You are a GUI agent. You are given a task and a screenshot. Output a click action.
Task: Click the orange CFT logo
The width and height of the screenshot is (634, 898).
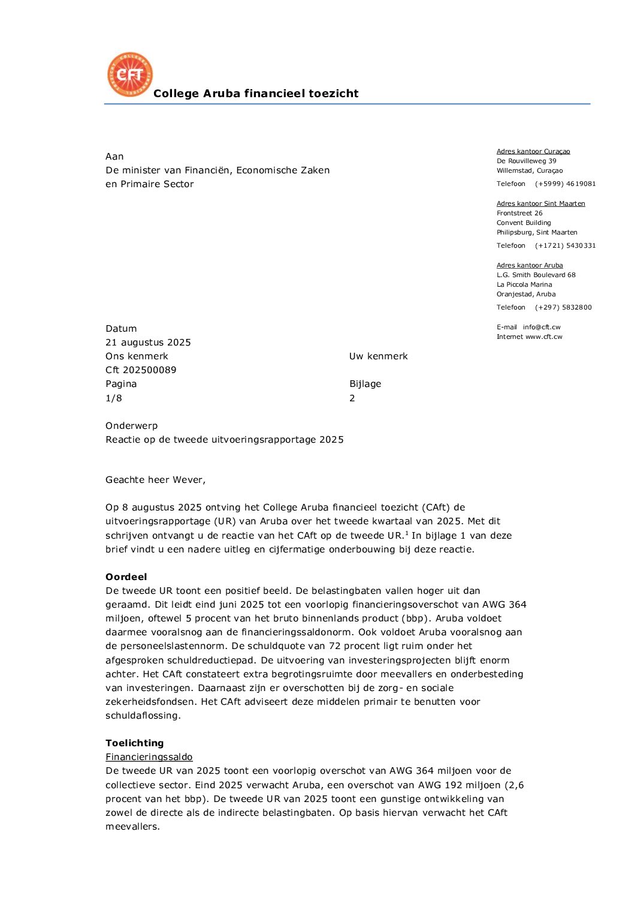coord(129,74)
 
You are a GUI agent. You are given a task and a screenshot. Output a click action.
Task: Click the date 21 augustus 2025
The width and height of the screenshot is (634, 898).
coord(148,343)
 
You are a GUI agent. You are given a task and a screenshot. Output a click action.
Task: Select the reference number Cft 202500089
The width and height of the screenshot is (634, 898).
coord(141,370)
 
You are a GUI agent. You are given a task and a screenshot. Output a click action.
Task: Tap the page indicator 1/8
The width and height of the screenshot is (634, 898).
coord(114,398)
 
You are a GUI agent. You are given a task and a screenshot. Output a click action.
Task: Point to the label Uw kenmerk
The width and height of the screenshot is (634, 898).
coord(378,356)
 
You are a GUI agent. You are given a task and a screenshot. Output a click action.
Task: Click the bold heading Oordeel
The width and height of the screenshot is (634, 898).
coord(126,577)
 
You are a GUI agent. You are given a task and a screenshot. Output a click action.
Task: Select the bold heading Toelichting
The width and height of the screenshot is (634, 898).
coord(134,743)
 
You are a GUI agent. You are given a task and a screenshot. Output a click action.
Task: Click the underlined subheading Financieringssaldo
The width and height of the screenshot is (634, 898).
coord(149,757)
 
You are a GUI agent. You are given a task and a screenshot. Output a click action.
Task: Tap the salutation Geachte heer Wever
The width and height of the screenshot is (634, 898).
coord(155,480)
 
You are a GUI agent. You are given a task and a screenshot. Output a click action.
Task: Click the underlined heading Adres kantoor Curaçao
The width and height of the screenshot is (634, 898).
coord(533,152)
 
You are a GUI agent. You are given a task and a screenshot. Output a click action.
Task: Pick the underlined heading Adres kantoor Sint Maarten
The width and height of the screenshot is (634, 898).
coord(541,204)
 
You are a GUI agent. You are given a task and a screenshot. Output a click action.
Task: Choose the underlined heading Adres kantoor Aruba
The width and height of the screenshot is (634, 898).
coord(529,266)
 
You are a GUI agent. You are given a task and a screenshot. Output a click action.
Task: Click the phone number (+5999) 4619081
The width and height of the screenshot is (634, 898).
coord(565,184)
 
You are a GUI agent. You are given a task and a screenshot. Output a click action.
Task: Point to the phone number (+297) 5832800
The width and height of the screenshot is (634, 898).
coord(563,308)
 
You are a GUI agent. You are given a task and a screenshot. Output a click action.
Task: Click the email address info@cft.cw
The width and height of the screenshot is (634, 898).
coord(541,328)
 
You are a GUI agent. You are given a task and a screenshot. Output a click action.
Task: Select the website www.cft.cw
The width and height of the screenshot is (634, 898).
coord(544,337)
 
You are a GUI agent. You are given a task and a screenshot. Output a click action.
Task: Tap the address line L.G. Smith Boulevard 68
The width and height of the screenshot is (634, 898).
coord(536,275)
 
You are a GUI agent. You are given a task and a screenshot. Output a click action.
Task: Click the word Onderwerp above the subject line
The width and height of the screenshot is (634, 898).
coord(131,426)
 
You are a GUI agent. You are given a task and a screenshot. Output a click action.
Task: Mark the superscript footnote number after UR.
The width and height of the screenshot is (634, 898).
coord(407,533)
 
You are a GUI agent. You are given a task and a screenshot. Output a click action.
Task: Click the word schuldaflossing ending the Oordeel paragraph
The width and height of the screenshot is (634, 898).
coord(143,716)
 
